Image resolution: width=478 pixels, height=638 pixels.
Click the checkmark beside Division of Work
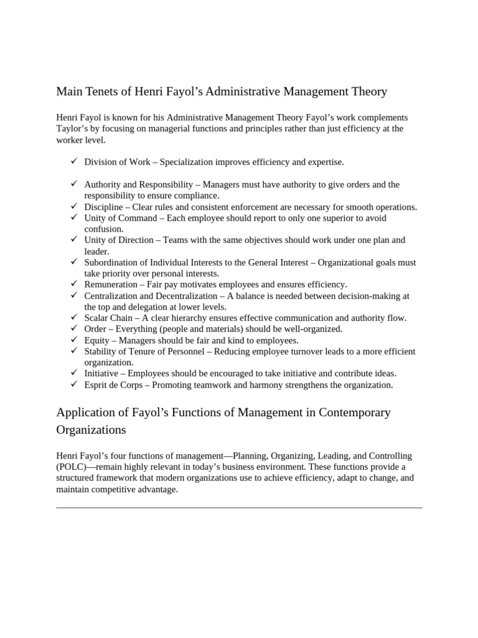[73, 161]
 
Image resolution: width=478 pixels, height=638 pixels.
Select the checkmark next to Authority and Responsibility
[73, 184]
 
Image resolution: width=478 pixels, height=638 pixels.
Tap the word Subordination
[112, 262]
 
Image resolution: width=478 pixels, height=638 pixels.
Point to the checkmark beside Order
[73, 328]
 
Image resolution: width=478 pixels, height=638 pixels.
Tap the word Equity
[97, 340]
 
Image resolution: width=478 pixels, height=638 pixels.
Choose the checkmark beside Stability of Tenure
[73, 351]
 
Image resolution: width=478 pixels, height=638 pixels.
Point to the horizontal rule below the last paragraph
[239, 507]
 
